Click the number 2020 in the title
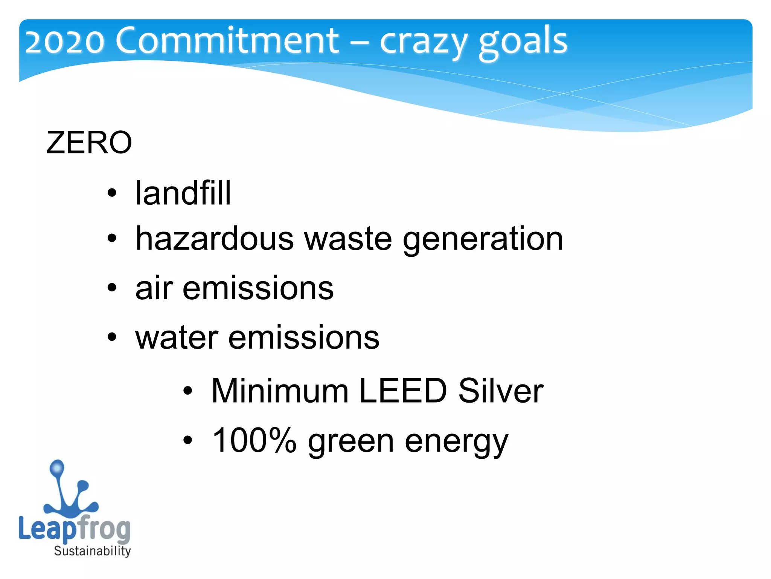(x=64, y=41)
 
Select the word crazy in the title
(x=423, y=41)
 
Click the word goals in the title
(x=523, y=41)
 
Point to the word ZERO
(x=89, y=142)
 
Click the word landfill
(x=183, y=193)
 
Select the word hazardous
(x=215, y=238)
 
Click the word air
(x=154, y=288)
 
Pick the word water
(x=177, y=337)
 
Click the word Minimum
(x=280, y=391)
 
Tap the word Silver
(x=501, y=391)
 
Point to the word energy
(x=456, y=443)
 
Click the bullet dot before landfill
(x=112, y=193)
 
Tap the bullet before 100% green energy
(x=187, y=440)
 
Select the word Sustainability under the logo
(x=92, y=551)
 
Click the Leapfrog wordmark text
(x=74, y=528)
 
